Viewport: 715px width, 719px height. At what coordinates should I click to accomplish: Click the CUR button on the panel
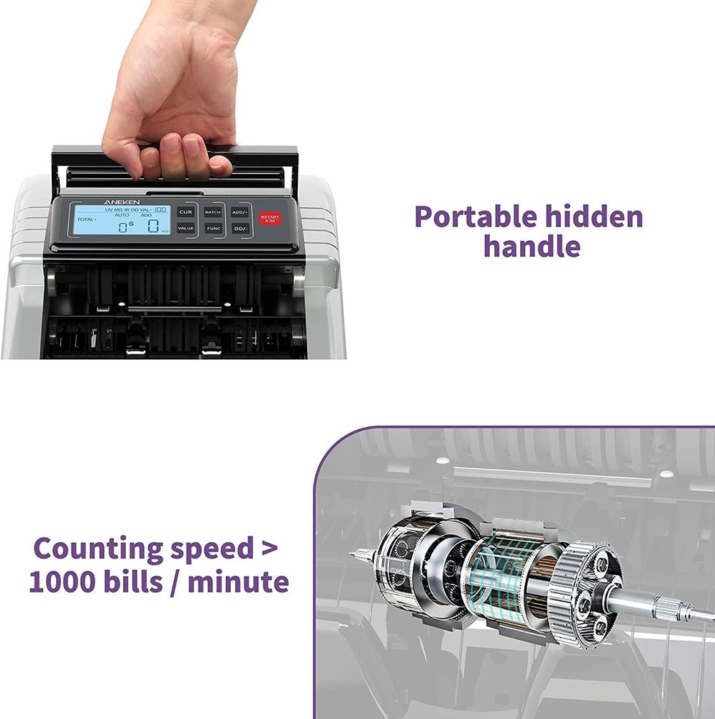pyautogui.click(x=186, y=212)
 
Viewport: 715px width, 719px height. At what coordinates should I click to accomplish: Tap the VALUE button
pyautogui.click(x=186, y=228)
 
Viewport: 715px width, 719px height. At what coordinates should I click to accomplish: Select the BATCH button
pyautogui.click(x=212, y=212)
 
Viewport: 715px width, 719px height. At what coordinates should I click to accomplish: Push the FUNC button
pyautogui.click(x=213, y=228)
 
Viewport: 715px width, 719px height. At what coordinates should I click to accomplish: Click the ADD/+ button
pyautogui.click(x=240, y=212)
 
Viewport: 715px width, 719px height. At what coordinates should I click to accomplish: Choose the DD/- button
pyautogui.click(x=240, y=229)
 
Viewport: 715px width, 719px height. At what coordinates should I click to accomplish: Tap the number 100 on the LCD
pyautogui.click(x=160, y=209)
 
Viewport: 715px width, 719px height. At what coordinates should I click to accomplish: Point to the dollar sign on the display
pyautogui.click(x=130, y=224)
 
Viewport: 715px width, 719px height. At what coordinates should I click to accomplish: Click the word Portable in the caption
pyautogui.click(x=475, y=216)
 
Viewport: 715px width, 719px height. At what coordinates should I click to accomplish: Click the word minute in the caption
pyautogui.click(x=238, y=581)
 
